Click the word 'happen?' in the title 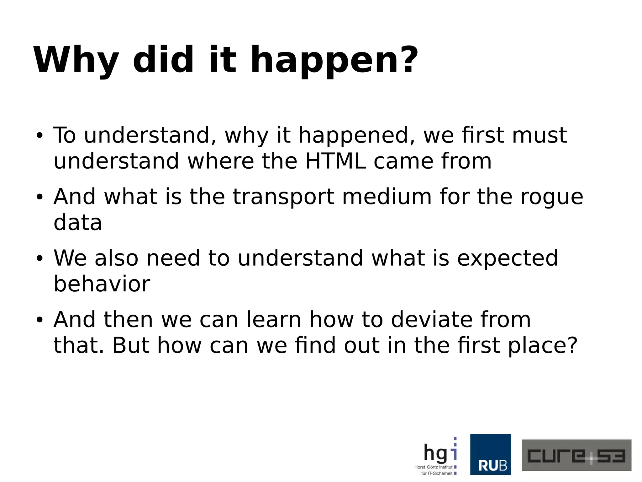point(334,60)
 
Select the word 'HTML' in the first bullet point(335,161)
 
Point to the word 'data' point(78,222)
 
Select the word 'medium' point(387,197)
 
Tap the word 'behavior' point(102,284)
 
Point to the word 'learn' point(274,320)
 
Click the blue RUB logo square point(490,454)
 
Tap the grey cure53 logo point(576,455)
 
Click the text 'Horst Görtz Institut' point(433,467)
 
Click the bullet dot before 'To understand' point(39,136)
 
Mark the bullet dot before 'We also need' point(39,259)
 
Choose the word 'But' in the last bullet point(131,345)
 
